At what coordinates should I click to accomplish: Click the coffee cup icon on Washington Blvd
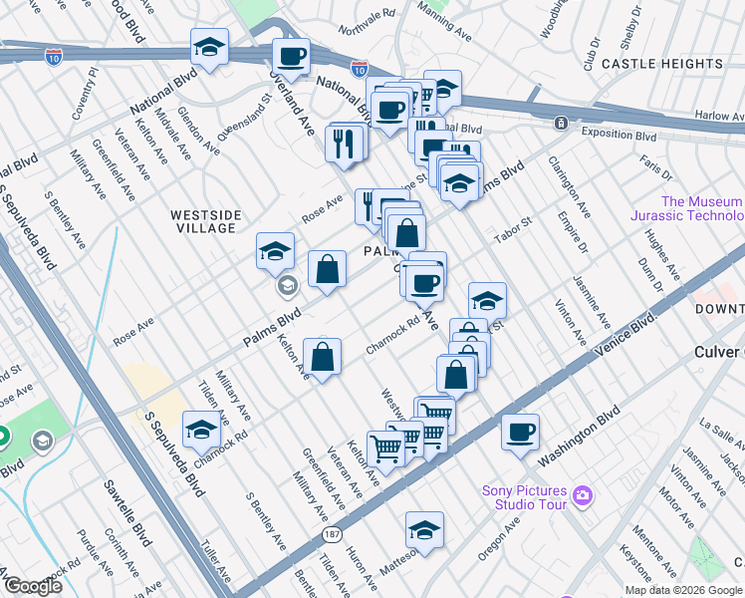pos(520,433)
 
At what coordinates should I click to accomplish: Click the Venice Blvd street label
pos(625,339)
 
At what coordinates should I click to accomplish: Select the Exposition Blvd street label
pos(619,136)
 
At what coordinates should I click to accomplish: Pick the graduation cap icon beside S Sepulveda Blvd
pos(201,430)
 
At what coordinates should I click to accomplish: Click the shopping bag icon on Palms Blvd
pos(327,268)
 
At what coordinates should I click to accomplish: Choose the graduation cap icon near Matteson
pos(424,529)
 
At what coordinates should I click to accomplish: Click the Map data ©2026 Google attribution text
pos(683,590)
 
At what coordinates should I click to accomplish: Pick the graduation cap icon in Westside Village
pos(275,251)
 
